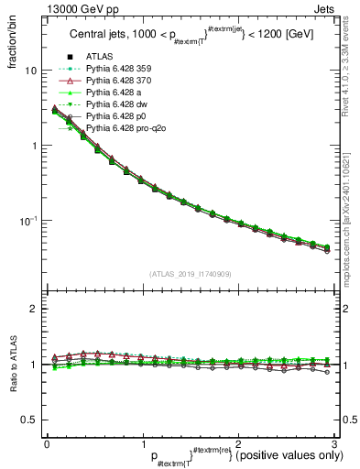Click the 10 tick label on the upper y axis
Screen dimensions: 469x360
click(29, 71)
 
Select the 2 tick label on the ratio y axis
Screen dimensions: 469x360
click(32, 309)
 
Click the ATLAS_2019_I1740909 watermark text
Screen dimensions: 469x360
click(190, 274)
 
